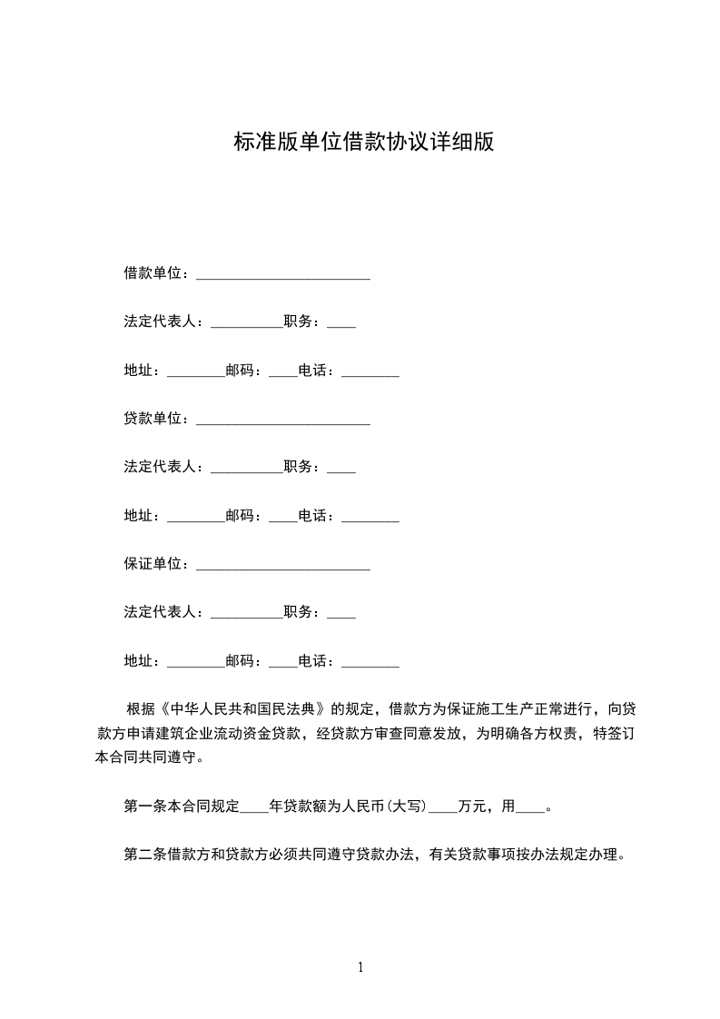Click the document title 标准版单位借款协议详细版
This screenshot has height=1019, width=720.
[363, 143]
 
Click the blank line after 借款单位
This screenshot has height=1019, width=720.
[282, 274]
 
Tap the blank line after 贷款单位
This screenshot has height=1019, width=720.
[282, 420]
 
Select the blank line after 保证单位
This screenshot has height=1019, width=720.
[282, 565]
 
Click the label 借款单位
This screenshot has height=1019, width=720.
[153, 273]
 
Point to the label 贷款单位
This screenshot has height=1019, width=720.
[153, 419]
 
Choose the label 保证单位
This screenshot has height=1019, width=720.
[153, 564]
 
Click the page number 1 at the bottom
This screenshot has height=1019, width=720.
[360, 968]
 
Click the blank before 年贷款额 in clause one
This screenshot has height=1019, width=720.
[255, 807]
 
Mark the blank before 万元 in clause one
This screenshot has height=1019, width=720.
[442, 807]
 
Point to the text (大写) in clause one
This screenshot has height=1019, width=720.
[407, 806]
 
